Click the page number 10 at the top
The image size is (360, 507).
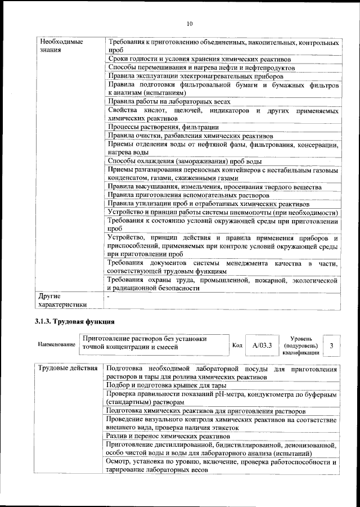[x=189, y=23]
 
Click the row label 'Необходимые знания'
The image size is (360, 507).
[x=58, y=46]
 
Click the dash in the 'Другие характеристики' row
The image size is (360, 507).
[x=109, y=295]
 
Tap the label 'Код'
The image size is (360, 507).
[x=237, y=346]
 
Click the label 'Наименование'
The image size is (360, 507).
[x=56, y=344]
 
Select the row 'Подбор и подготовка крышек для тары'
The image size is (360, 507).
[x=166, y=385]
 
